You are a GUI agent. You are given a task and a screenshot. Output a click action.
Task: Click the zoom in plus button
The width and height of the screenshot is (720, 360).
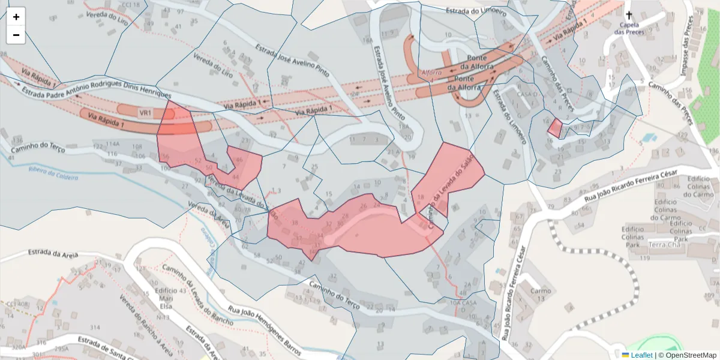[16, 17]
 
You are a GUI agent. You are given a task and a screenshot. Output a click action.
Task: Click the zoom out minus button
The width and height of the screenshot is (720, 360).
[16, 35]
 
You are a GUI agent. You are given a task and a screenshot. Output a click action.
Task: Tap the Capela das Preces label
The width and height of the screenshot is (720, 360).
[629, 29]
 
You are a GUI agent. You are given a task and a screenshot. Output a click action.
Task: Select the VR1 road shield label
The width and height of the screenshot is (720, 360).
[145, 112]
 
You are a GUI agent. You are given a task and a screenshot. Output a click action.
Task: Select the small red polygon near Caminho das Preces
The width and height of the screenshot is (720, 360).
[555, 127]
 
